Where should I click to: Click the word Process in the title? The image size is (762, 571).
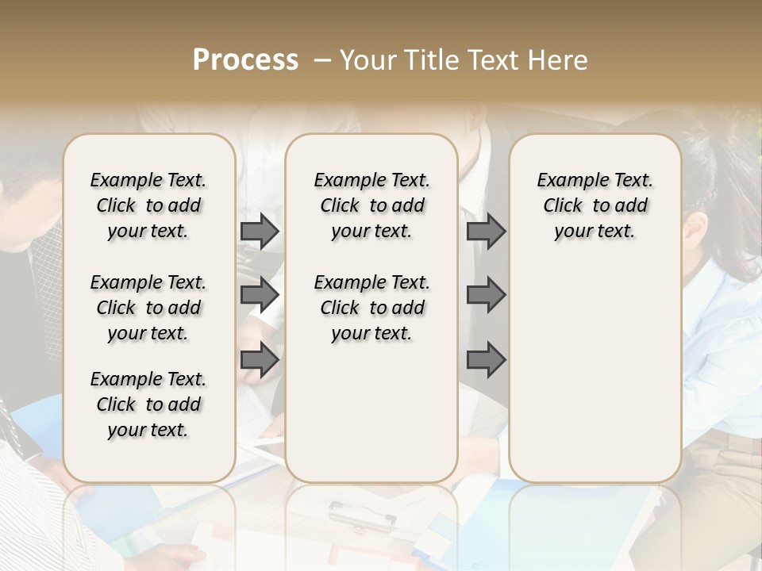point(245,60)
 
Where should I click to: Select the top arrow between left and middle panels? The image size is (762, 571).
point(260,231)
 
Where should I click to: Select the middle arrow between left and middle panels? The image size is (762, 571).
point(260,295)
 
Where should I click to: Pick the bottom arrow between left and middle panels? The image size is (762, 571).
point(260,359)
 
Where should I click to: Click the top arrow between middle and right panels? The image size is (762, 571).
point(486,231)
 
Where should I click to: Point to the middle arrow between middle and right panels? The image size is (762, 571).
point(486,295)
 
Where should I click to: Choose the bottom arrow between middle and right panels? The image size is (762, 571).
point(486,359)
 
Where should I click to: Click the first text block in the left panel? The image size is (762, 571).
point(148,205)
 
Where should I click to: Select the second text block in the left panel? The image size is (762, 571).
point(148,308)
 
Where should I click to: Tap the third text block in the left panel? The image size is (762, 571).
point(148,404)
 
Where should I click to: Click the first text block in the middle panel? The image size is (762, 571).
point(371,205)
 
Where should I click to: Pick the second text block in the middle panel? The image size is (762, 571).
point(371,308)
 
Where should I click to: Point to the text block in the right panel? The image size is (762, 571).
point(595,205)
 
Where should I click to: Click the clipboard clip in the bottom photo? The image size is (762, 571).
point(362,516)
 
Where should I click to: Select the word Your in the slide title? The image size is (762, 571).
point(370,60)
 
